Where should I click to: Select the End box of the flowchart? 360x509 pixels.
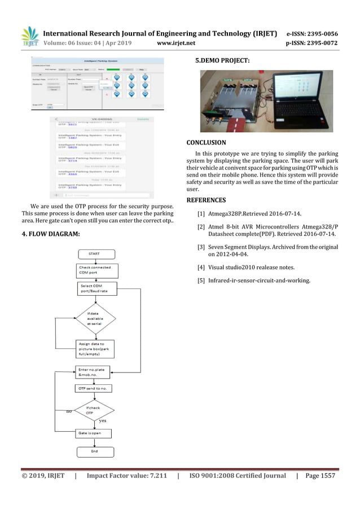[x=94, y=451]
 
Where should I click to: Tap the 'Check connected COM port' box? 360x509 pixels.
[x=95, y=270]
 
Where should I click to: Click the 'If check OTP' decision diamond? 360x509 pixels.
[x=94, y=410]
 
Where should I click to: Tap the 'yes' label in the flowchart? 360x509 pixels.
[x=103, y=420]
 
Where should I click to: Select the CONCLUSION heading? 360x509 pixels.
[x=206, y=143]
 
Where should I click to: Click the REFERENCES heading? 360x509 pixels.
[x=206, y=200]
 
